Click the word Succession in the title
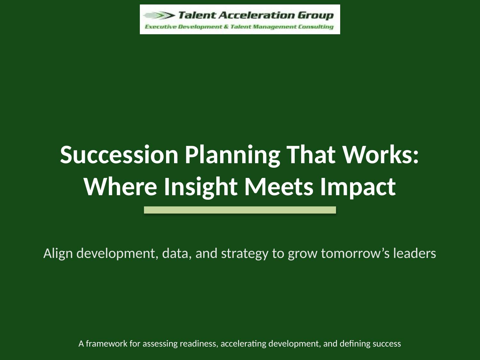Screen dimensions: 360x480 click(119, 155)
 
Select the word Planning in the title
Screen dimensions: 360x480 click(232, 155)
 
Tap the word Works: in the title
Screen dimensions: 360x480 click(381, 155)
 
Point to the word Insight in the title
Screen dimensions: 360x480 click(201, 187)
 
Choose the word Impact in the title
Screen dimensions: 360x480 click(358, 187)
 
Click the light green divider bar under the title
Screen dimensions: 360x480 click(240, 210)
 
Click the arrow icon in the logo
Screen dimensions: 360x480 click(159, 15)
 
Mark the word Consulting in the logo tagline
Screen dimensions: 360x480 click(316, 27)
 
